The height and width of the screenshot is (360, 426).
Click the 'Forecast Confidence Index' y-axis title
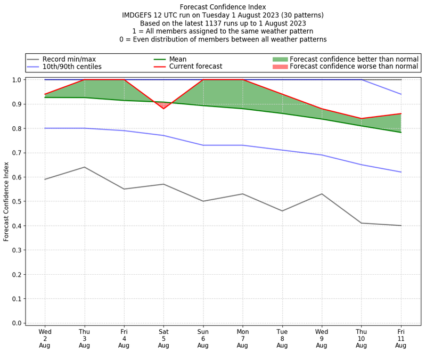(x=6, y=201)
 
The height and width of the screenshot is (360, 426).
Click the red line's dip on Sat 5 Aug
(x=163, y=109)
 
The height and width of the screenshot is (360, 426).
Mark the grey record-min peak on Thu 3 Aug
(x=84, y=167)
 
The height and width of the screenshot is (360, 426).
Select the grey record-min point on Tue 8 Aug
(x=282, y=211)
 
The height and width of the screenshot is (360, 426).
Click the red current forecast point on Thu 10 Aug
(x=361, y=119)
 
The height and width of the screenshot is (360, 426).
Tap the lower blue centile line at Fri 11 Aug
(x=400, y=172)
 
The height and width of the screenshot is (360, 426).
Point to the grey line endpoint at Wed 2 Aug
(x=45, y=179)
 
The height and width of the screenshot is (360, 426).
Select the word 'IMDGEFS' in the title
(x=139, y=15)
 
